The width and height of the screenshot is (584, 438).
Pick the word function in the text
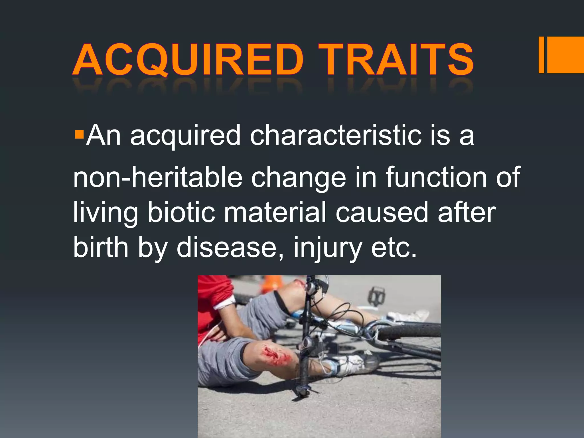436,177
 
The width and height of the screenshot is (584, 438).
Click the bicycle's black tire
411,330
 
